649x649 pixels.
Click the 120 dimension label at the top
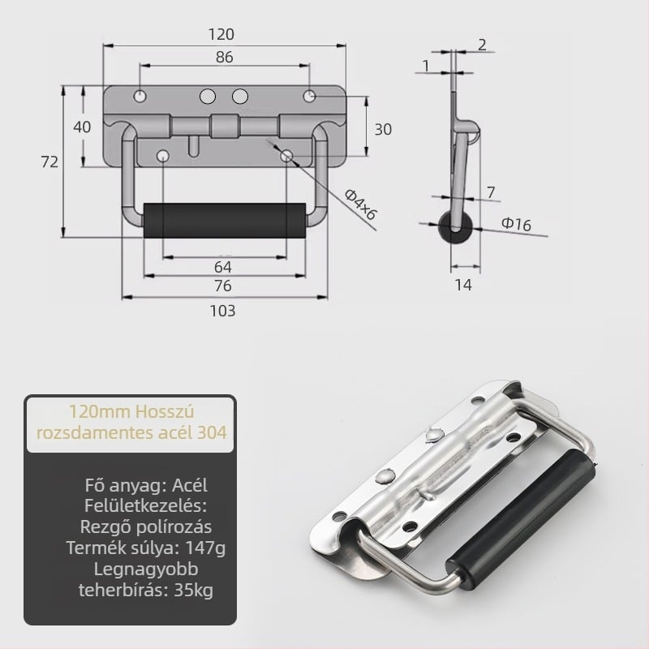[x=221, y=34]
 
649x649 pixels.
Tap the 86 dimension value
[x=225, y=57]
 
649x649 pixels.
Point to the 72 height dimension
[x=49, y=161]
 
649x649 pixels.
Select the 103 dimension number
[x=222, y=311]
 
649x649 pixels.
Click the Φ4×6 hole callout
[x=360, y=204]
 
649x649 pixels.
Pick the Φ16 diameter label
[x=516, y=224]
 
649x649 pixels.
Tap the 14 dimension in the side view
[x=462, y=285]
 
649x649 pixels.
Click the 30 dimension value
[x=383, y=130]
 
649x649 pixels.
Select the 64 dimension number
[x=222, y=267]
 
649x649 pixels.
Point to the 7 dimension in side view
[x=491, y=192]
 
